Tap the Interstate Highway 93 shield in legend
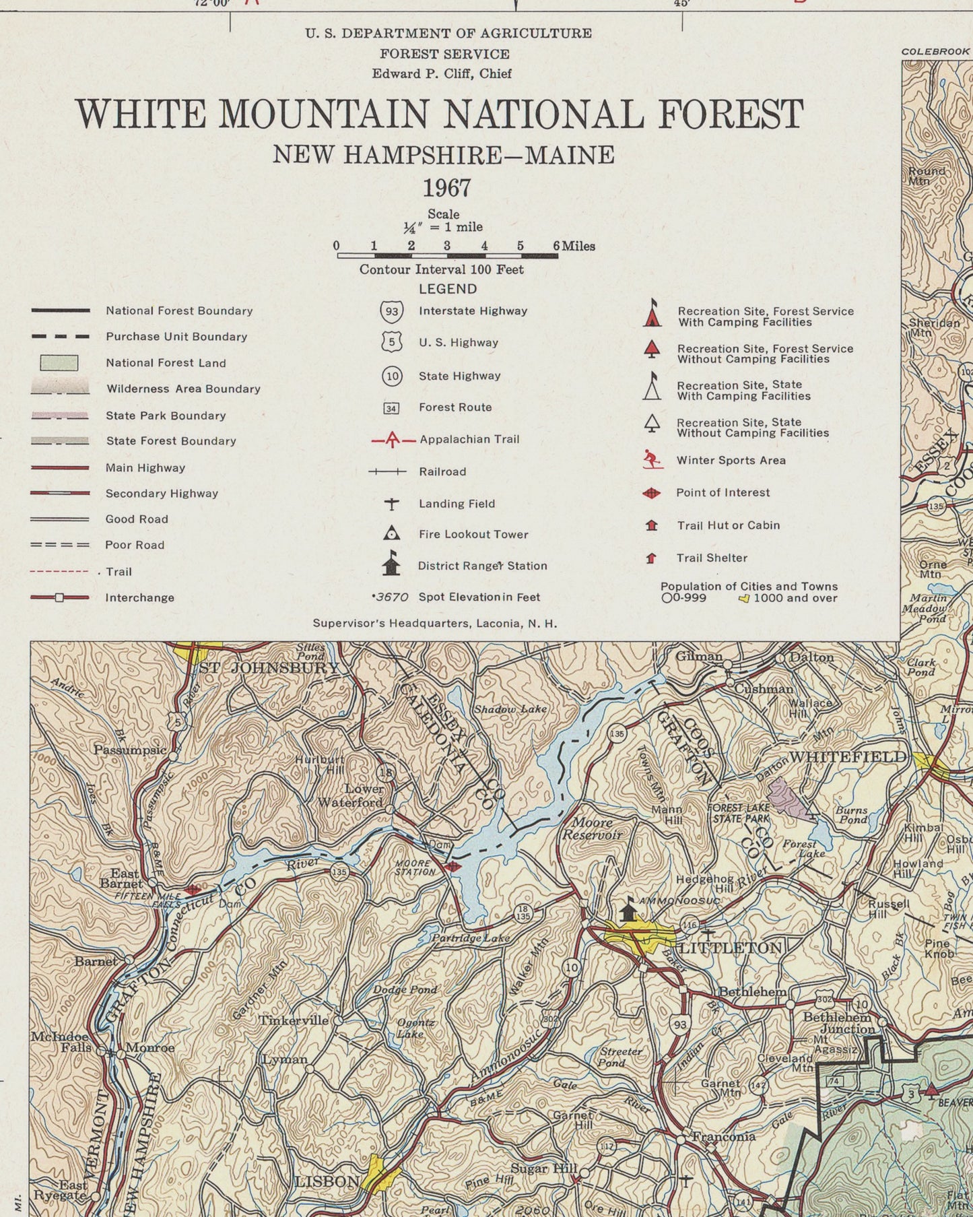[392, 311]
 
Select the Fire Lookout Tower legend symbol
[391, 533]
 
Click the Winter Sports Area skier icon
[650, 460]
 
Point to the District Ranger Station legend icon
[391, 564]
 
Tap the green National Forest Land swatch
[59, 363]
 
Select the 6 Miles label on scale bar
[574, 246]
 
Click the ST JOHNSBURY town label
[269, 668]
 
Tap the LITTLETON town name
[730, 948]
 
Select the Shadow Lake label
[510, 709]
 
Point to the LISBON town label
[327, 1182]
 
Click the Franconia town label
[724, 1137]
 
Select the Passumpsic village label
[129, 750]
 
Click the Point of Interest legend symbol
[651, 493]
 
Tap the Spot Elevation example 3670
[392, 597]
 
